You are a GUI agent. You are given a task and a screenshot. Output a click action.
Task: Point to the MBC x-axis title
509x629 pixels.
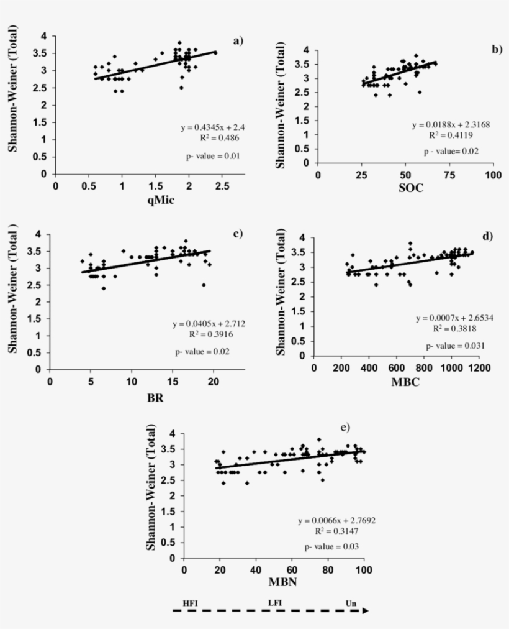click(x=405, y=382)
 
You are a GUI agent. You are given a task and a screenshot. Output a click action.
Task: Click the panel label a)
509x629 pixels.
click(x=238, y=41)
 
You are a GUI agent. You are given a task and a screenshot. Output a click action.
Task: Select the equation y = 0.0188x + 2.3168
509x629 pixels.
click(x=451, y=125)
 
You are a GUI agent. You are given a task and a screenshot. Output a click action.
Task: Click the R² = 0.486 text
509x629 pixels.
click(x=218, y=138)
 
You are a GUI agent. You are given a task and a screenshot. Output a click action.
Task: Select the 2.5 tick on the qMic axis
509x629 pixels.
click(x=222, y=186)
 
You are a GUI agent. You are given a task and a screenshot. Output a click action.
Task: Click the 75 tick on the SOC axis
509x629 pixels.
click(x=449, y=175)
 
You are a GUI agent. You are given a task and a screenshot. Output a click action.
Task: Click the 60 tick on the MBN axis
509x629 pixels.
click(x=292, y=569)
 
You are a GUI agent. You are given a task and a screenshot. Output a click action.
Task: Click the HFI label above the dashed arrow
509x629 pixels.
click(x=189, y=603)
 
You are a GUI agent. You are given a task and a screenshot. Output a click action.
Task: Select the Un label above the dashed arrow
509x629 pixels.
click(x=352, y=603)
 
